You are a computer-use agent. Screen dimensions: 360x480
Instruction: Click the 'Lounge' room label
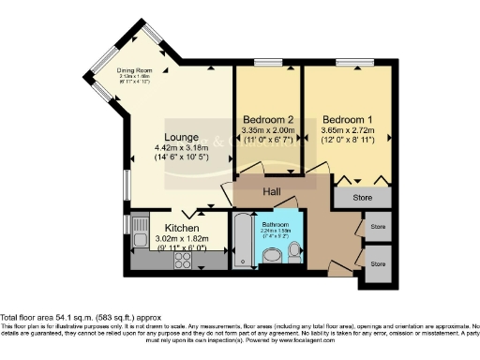[177, 137]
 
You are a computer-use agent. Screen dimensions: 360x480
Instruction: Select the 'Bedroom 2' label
[269, 120]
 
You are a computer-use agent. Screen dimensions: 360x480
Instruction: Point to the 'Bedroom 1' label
[349, 120]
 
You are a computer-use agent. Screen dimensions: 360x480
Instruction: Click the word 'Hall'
[272, 191]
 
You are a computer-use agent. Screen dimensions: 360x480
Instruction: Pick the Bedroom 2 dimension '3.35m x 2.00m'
[269, 132]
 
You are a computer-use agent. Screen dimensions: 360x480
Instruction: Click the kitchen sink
[139, 228]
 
